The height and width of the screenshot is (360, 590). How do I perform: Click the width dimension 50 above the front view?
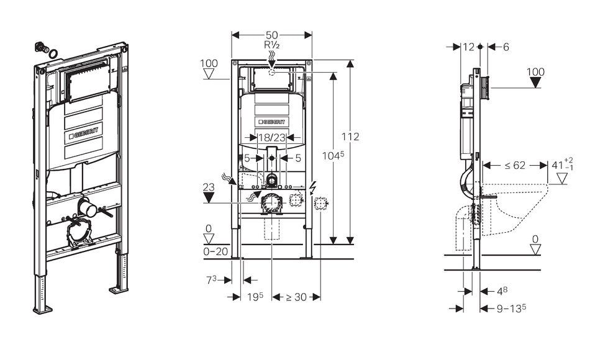click(271, 35)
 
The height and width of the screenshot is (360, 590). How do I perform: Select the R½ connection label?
click(271, 45)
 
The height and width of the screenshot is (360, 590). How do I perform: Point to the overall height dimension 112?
click(351, 137)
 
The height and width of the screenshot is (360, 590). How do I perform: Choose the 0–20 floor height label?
click(216, 251)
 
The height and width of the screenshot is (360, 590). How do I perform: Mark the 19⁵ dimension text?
click(255, 297)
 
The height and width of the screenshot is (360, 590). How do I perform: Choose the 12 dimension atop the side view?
click(468, 47)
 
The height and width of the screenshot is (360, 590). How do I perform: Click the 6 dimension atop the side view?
click(506, 47)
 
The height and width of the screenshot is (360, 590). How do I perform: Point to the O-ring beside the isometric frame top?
click(54, 54)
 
